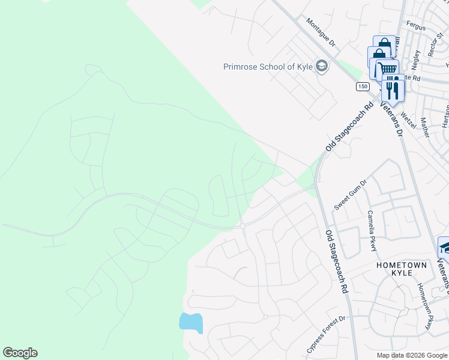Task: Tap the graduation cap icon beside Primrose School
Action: point(321,67)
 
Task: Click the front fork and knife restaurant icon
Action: point(393,89)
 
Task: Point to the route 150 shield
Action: point(361,87)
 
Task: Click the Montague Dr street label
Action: point(323,32)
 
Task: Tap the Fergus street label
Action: point(416,28)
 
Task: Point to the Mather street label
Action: point(425,127)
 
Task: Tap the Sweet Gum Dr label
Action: point(350,194)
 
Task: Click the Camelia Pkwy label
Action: point(372,230)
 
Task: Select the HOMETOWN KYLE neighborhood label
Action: point(402,269)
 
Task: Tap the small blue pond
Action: point(191,322)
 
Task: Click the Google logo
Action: point(20,353)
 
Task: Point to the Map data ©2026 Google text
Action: point(412,355)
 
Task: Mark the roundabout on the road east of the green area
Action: point(242,225)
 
